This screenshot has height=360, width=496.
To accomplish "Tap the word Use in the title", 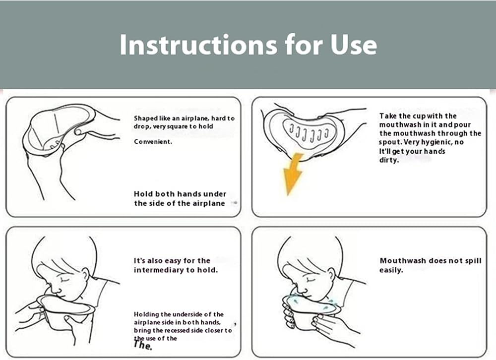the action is [354, 44].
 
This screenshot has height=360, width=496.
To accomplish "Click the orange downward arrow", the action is [292, 174].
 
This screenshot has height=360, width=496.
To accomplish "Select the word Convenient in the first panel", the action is [153, 142].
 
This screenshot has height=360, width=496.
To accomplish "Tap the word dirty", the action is [389, 160].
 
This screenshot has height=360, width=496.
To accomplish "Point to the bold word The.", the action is [143, 345].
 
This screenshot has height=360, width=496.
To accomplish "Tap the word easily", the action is [391, 270].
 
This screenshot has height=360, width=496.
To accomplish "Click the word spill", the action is [473, 261].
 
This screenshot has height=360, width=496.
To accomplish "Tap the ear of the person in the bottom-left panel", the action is [85, 274].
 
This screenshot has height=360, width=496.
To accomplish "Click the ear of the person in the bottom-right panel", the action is [331, 274].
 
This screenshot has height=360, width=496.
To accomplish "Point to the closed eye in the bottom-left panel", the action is [65, 280].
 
